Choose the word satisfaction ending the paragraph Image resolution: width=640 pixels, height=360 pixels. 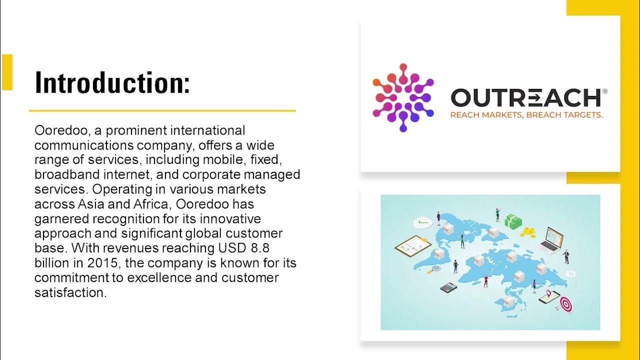pos(70,292)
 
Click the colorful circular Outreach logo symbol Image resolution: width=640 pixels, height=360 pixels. pos(403,97)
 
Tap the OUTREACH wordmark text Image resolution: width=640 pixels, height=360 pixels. pos(525,98)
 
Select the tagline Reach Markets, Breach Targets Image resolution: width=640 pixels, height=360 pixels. pos(526,115)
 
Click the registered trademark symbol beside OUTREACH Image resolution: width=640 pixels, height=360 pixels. pos(605,91)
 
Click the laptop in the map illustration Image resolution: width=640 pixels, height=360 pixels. pos(552,239)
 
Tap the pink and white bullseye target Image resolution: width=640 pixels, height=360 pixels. pos(565,303)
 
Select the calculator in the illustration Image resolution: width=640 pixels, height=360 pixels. pos(448,287)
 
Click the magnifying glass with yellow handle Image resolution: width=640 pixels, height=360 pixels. pos(436,268)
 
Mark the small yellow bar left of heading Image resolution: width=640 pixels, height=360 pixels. pos(7,72)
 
